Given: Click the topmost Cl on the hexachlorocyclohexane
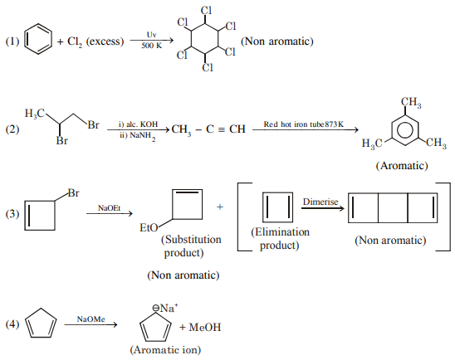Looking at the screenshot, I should click(206, 11).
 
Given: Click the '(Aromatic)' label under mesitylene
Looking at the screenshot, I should click(402, 166).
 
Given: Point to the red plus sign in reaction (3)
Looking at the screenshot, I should click(219, 206).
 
